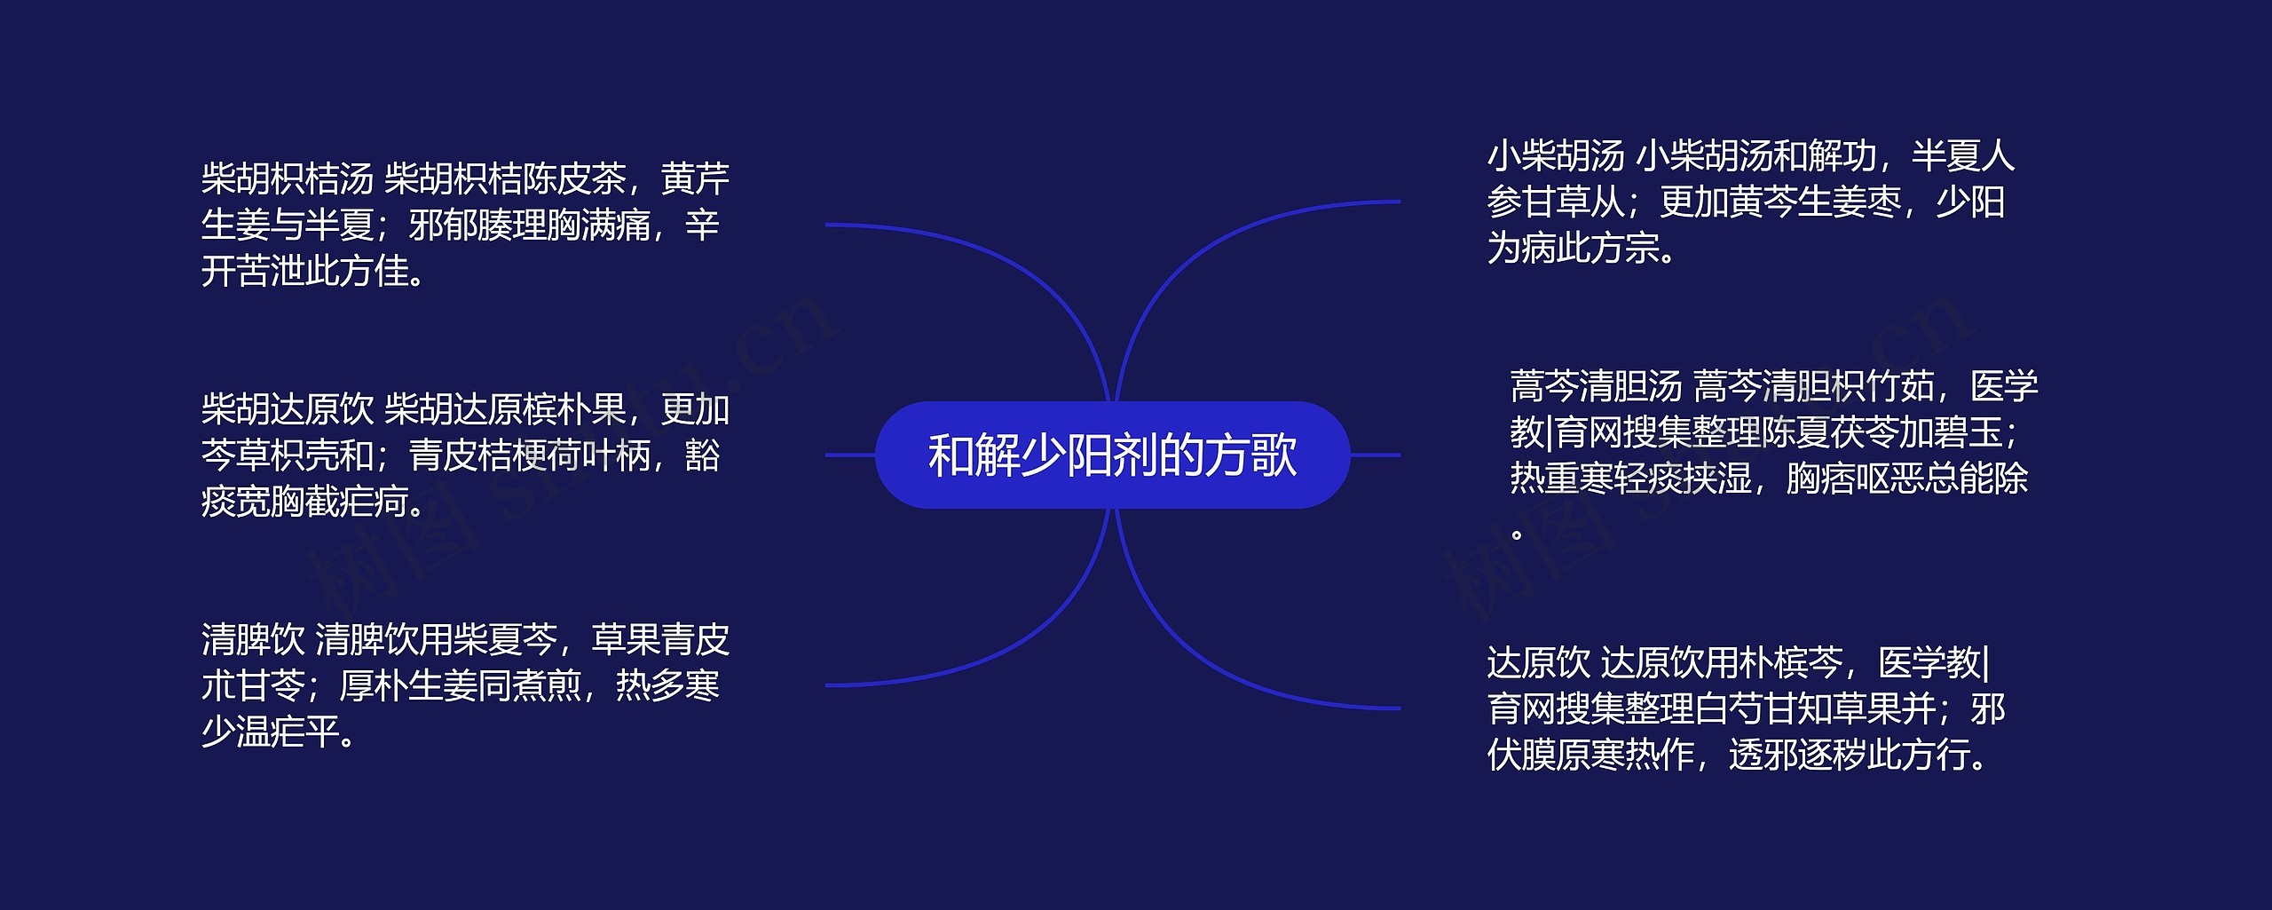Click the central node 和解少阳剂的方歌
click(1112, 455)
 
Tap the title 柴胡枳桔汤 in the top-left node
click(287, 179)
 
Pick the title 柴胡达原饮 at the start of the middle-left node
click(287, 410)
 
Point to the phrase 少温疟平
click(270, 732)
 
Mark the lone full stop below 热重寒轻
click(1517, 534)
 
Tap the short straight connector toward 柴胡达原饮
click(849, 455)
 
